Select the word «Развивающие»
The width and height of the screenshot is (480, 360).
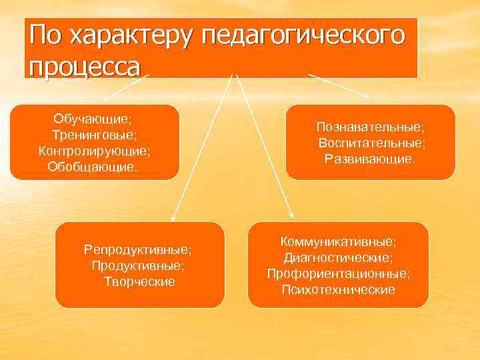point(369,159)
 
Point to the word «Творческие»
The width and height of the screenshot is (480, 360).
point(139,281)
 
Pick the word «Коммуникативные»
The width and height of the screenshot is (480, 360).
point(338,241)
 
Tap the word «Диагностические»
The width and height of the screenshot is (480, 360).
point(338,257)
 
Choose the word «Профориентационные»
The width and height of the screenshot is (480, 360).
point(338,273)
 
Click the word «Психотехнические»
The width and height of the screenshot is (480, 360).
point(338,289)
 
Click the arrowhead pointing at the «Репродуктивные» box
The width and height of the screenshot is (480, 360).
point(173,217)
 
